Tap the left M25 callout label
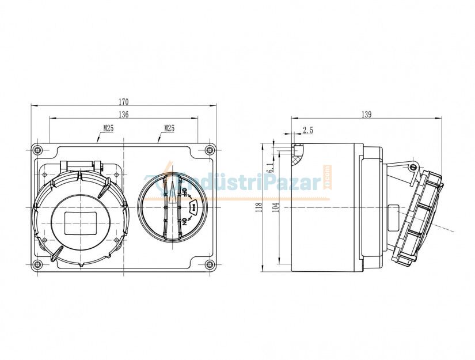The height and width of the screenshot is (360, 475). [108, 128]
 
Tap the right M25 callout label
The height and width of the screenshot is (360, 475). [169, 128]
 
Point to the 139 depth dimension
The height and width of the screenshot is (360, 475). [367, 115]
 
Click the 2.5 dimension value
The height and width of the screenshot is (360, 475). [308, 131]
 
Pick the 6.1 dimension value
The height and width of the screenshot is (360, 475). [270, 167]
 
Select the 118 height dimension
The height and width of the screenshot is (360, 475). [259, 207]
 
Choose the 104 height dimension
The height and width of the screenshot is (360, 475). [275, 207]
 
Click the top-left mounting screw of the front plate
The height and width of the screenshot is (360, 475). [38, 150]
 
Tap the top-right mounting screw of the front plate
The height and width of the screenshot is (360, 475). [209, 150]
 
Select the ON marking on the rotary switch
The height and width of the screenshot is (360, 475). [185, 222]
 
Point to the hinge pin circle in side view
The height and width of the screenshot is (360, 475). [412, 168]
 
